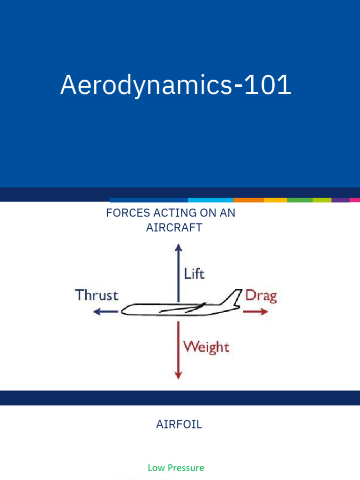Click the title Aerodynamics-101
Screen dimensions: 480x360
point(176,86)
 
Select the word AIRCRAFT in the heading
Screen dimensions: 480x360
point(174,228)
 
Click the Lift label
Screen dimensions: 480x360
point(194,274)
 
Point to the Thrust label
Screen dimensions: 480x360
point(97,295)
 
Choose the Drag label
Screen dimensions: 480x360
point(261,296)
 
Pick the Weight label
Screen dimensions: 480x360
point(206,347)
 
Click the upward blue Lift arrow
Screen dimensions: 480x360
point(178,272)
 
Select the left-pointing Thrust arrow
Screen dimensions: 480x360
point(106,311)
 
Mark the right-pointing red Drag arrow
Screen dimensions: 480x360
point(256,311)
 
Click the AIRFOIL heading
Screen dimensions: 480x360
point(179,425)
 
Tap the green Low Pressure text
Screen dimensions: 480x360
point(176,468)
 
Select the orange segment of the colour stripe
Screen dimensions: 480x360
point(248,200)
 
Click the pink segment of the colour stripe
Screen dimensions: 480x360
point(355,200)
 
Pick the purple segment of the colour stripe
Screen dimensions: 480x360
point(340,200)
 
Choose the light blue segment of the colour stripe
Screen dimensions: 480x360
point(210,200)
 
